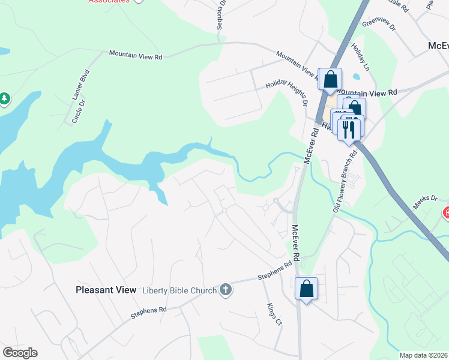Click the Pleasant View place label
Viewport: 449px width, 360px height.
click(x=106, y=290)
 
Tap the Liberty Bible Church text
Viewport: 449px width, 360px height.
click(x=179, y=291)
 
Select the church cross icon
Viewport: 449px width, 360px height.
click(x=226, y=290)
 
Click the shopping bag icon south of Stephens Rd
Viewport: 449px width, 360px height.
click(x=307, y=289)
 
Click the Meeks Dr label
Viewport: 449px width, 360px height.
click(x=424, y=197)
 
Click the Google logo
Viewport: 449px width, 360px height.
click(x=20, y=353)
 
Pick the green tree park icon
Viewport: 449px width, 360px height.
click(x=4, y=98)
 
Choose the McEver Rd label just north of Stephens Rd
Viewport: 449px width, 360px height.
click(x=295, y=240)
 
